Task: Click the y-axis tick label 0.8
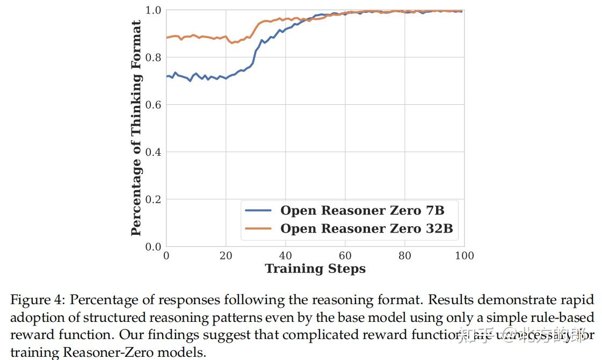(153, 57)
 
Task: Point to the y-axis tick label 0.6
(153, 105)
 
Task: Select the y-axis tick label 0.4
(153, 152)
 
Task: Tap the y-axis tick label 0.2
(153, 199)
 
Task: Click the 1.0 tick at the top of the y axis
(153, 10)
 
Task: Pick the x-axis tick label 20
(226, 256)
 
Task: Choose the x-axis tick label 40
(286, 256)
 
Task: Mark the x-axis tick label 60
(345, 256)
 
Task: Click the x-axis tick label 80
(405, 256)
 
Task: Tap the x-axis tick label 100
(465, 256)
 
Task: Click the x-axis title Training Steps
(315, 269)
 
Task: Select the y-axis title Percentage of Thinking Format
(136, 128)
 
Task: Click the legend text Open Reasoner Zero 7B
(362, 210)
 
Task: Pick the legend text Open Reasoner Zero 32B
(366, 229)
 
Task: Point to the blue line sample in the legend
(258, 210)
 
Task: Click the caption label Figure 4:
(38, 299)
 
